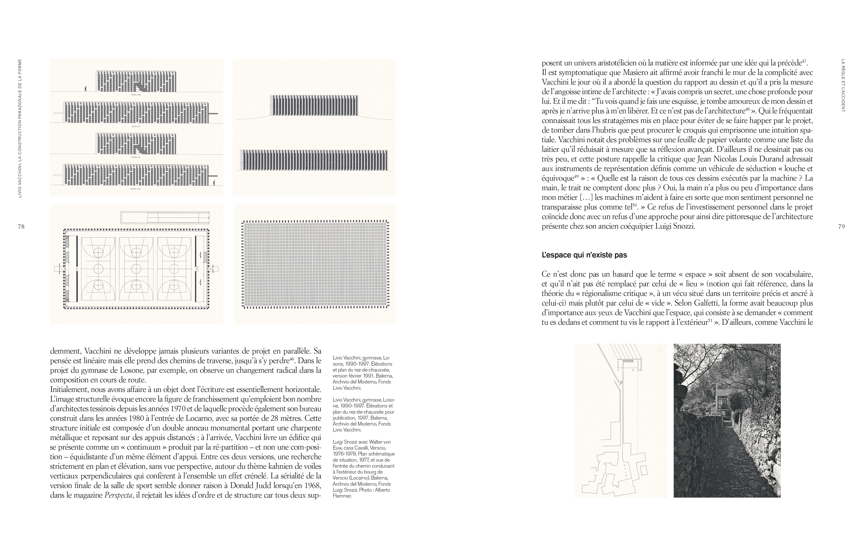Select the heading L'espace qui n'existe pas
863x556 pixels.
coord(584,255)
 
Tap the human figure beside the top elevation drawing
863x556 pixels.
coord(86,88)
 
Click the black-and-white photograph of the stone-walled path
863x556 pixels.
coord(727,421)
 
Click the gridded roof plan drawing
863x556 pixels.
coord(315,264)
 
